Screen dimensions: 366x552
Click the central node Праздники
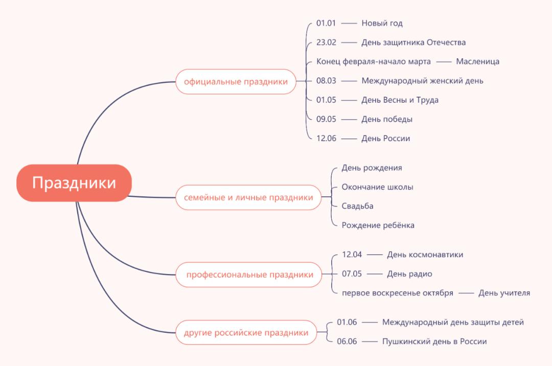(74, 183)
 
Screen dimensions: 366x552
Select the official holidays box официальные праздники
(236, 81)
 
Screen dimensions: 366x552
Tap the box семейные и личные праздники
(248, 197)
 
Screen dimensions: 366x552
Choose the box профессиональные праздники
(249, 274)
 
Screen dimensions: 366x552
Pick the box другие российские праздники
(246, 333)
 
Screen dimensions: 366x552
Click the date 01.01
(326, 23)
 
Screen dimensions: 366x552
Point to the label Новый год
(382, 23)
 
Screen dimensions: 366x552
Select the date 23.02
(326, 42)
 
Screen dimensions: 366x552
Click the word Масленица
(477, 61)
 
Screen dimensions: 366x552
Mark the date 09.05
(326, 119)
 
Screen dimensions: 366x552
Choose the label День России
(385, 138)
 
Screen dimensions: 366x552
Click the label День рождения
(372, 168)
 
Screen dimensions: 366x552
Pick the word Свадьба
(357, 205)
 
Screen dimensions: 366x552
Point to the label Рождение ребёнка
(378, 225)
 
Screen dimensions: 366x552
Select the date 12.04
(352, 255)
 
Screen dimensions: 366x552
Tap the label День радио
(409, 273)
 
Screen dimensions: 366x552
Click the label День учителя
(504, 293)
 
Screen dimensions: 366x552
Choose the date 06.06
(347, 341)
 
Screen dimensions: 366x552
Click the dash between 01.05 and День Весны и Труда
(349, 100)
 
